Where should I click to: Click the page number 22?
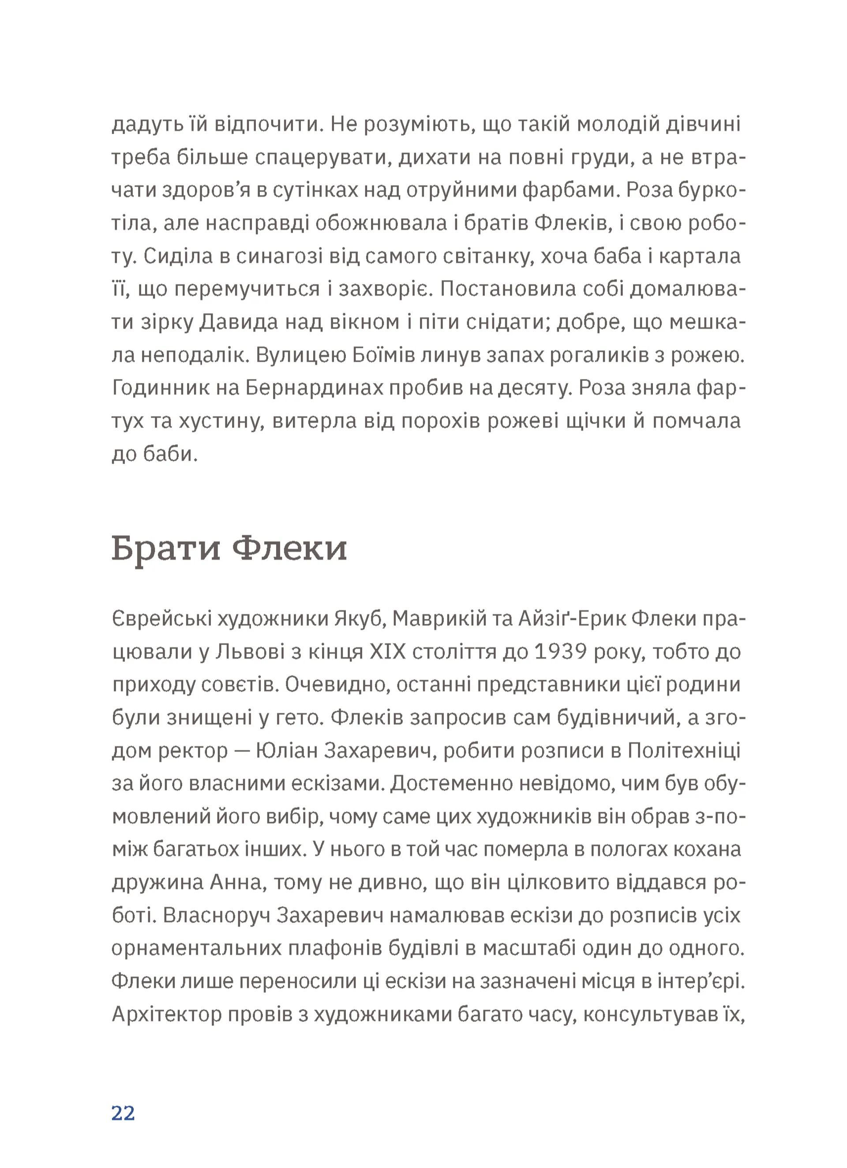(x=123, y=1113)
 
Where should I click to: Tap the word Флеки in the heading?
(x=289, y=548)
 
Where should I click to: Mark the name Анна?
(x=238, y=883)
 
